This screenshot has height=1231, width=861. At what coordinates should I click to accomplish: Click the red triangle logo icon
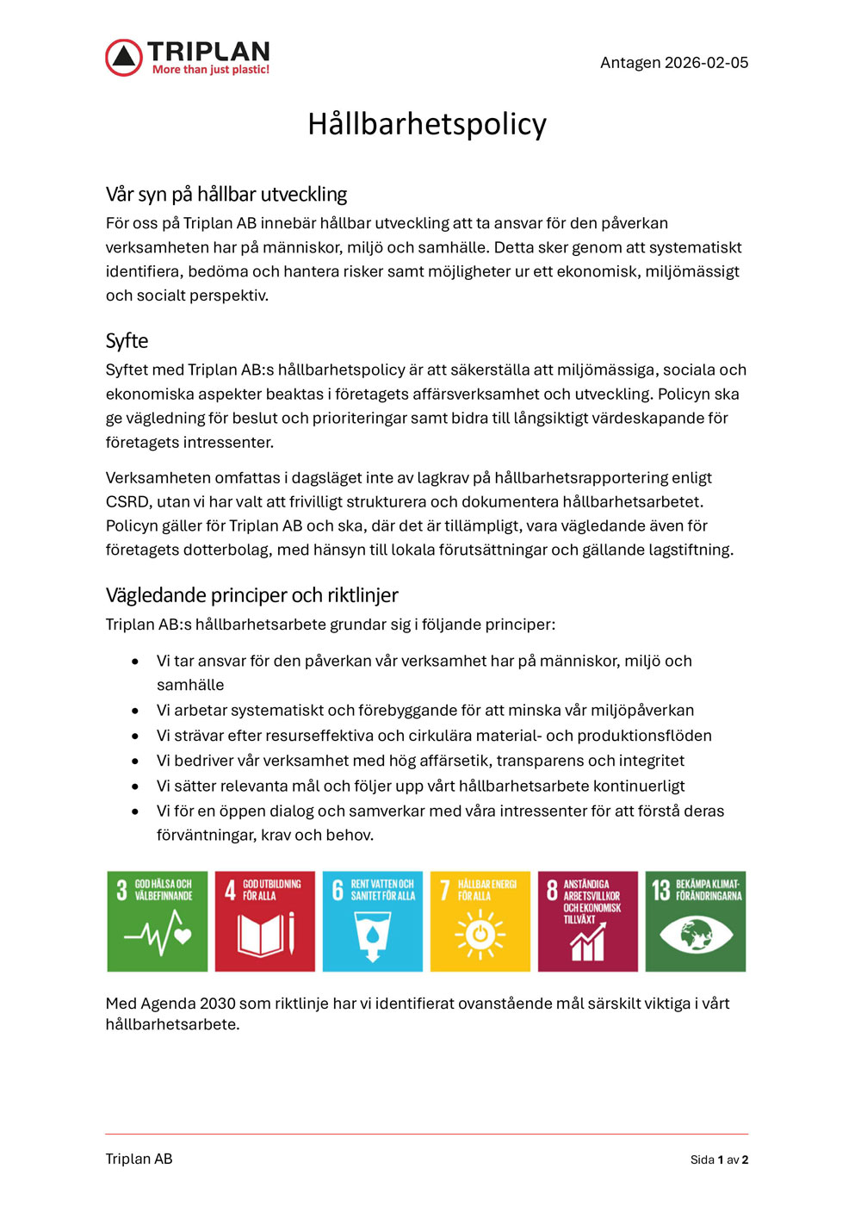[124, 58]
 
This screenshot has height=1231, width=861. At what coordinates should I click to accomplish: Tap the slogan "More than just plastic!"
[211, 70]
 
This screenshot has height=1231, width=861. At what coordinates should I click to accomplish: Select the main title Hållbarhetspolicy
[427, 124]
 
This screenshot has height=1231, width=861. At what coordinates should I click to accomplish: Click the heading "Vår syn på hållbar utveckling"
[226, 195]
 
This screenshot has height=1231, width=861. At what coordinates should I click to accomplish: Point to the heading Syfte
[127, 341]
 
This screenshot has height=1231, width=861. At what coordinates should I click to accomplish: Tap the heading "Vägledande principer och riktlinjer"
[251, 595]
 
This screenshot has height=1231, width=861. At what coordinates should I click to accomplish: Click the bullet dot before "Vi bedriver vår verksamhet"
[135, 762]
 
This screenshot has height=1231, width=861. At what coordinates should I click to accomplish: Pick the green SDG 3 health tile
[158, 921]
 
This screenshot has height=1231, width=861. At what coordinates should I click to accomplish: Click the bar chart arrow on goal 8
[587, 942]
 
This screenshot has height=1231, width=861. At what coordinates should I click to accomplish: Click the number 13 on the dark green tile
[660, 890]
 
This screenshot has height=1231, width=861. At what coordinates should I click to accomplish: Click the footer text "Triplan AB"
[139, 1160]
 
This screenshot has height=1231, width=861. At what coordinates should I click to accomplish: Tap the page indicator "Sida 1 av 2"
[719, 1160]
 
